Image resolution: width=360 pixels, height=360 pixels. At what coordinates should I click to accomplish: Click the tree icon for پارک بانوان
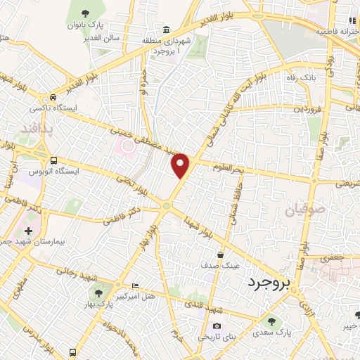[x=86, y=13]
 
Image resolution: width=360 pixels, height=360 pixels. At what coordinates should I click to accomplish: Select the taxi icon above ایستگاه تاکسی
[x=53, y=98]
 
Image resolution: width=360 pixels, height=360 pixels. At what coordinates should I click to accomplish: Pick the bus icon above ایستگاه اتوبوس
[x=54, y=160]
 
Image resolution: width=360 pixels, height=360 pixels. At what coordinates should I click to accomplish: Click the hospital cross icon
[x=27, y=231]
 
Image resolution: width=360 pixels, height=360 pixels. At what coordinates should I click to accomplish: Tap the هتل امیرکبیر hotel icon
[x=135, y=285]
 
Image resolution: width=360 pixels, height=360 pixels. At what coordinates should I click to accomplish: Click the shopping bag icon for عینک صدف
[x=221, y=255]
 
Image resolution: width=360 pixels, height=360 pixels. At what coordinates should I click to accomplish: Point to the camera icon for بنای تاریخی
[x=217, y=326]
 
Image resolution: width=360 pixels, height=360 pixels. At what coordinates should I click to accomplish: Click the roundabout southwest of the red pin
[x=167, y=205]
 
